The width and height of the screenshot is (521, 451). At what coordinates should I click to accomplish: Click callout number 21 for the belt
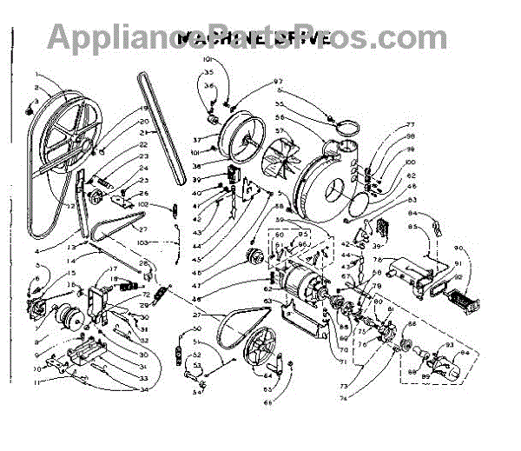pos(144,133)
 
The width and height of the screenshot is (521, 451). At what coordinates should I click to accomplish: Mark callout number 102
pos(144,204)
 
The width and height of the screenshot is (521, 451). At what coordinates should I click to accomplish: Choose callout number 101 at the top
pos(208,59)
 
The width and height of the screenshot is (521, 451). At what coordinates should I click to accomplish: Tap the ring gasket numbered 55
pos(346,129)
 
